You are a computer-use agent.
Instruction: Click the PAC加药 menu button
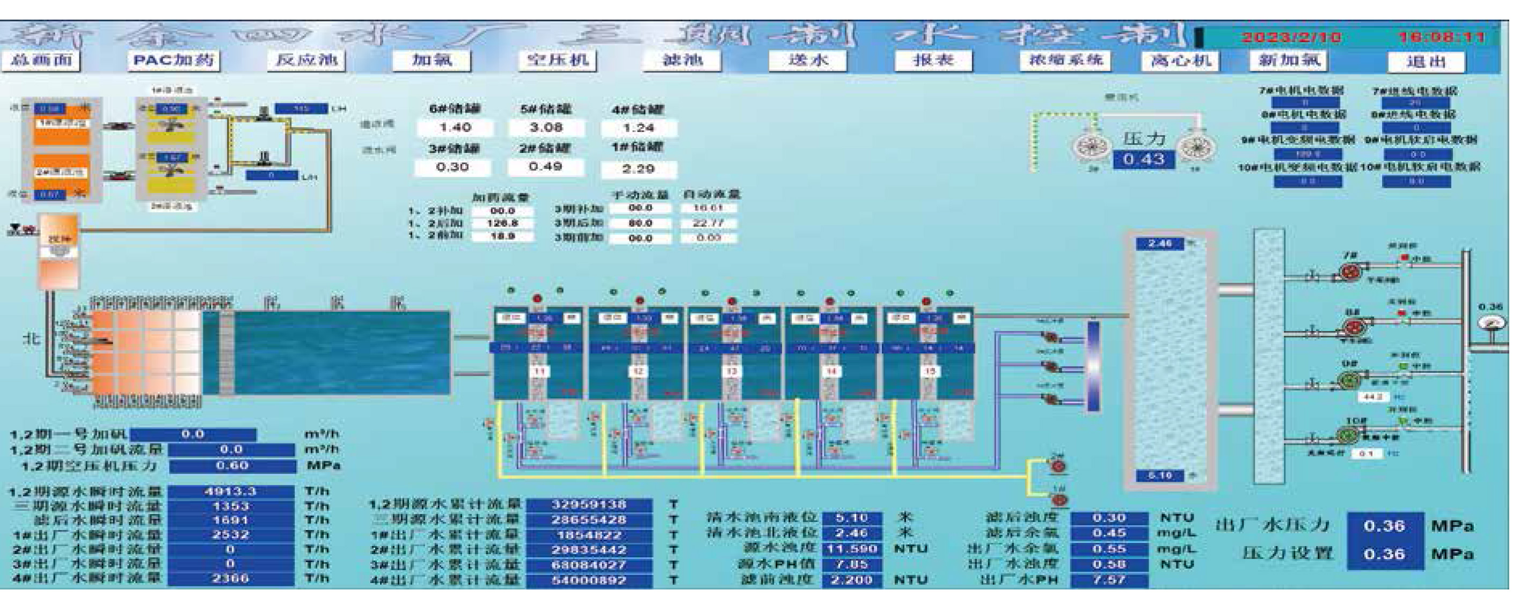pyautogui.click(x=173, y=61)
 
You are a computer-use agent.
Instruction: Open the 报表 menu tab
pyautogui.click(x=933, y=61)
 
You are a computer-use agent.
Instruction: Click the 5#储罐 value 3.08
pyautogui.click(x=546, y=127)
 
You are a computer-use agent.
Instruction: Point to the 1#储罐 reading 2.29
pyautogui.click(x=639, y=168)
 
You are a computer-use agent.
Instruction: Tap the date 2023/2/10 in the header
pyautogui.click(x=1291, y=38)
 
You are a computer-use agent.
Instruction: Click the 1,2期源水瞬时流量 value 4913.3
pyautogui.click(x=230, y=491)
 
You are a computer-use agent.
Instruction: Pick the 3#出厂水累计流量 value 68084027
pyautogui.click(x=588, y=565)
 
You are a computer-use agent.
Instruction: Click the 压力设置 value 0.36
pyautogui.click(x=1384, y=554)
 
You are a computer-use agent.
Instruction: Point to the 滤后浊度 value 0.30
pyautogui.click(x=1109, y=518)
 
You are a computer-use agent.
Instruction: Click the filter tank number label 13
pyautogui.click(x=732, y=371)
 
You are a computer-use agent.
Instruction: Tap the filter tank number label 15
pyautogui.click(x=930, y=371)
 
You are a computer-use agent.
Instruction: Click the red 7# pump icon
pyautogui.click(x=1349, y=271)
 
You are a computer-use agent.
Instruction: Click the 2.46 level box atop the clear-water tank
pyautogui.click(x=1160, y=244)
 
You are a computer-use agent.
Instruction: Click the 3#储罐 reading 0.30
pyautogui.click(x=452, y=167)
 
